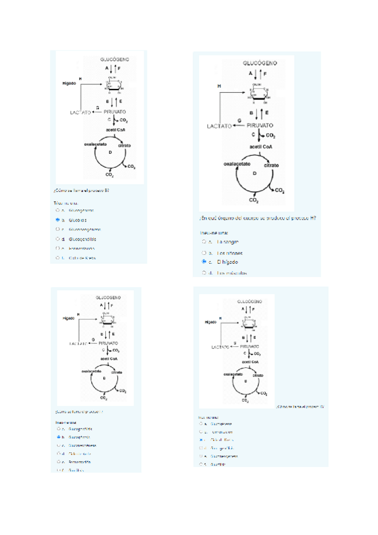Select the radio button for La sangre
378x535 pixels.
click(x=203, y=241)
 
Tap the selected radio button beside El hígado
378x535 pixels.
click(x=203, y=261)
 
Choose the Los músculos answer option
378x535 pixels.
click(x=230, y=273)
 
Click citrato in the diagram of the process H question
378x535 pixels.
click(x=272, y=165)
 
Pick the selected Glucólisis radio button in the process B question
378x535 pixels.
click(x=57, y=220)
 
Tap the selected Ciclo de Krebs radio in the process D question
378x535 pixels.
click(x=200, y=439)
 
